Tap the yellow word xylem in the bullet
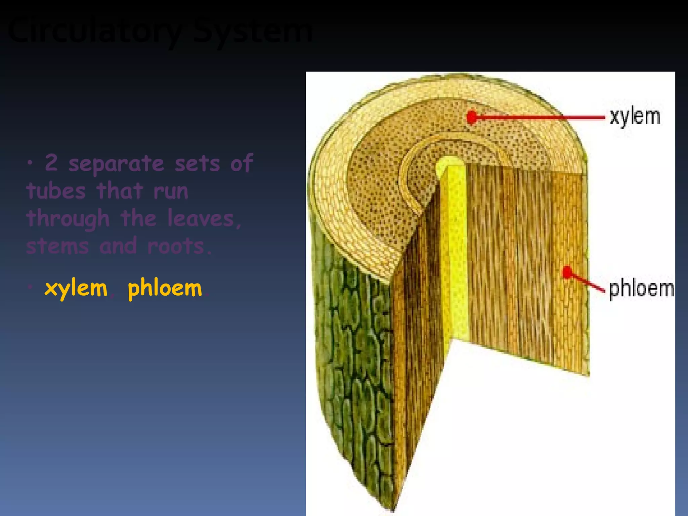76,288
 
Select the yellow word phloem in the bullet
165,288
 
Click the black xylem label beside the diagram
635,117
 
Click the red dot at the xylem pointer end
472,117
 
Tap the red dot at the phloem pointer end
567,272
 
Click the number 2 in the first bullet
51,163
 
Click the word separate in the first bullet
116,164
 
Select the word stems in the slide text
57,246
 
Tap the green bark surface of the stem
353,370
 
